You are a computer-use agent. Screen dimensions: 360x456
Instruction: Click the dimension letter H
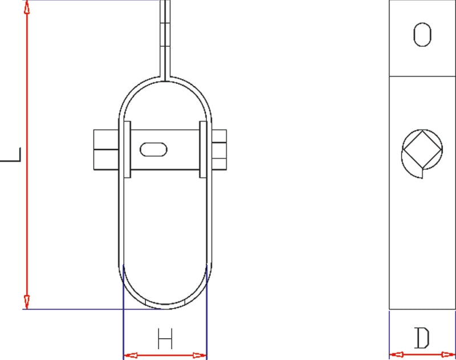click(165, 340)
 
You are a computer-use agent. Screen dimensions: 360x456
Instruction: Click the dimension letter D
click(422, 339)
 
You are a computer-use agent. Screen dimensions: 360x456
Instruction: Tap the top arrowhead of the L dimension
click(26, 8)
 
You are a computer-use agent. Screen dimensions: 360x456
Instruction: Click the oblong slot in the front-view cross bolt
click(154, 149)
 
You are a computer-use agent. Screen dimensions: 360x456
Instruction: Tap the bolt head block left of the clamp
click(105, 149)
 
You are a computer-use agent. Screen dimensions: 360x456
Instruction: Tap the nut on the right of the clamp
click(219, 149)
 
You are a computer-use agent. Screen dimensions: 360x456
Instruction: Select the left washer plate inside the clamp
click(127, 149)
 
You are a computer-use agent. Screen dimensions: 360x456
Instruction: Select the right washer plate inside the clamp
click(203, 149)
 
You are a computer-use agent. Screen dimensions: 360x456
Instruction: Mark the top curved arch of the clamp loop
click(165, 80)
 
